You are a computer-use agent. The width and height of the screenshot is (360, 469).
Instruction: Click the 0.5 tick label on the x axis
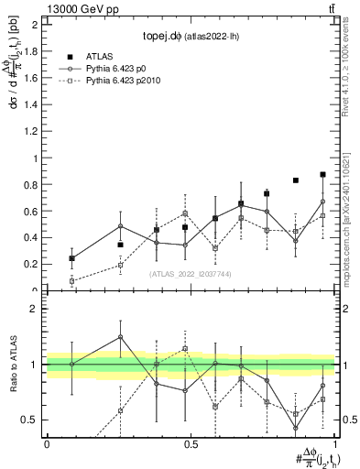pyautogui.click(x=191, y=443)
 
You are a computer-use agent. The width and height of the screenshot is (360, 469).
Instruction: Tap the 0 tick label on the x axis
pyautogui.click(x=47, y=443)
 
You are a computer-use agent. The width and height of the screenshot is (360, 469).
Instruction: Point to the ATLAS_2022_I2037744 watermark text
pyautogui.click(x=190, y=274)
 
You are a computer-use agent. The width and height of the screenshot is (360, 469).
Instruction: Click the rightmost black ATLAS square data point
pyautogui.click(x=322, y=174)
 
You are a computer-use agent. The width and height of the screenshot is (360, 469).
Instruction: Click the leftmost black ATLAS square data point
pyautogui.click(x=71, y=258)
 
